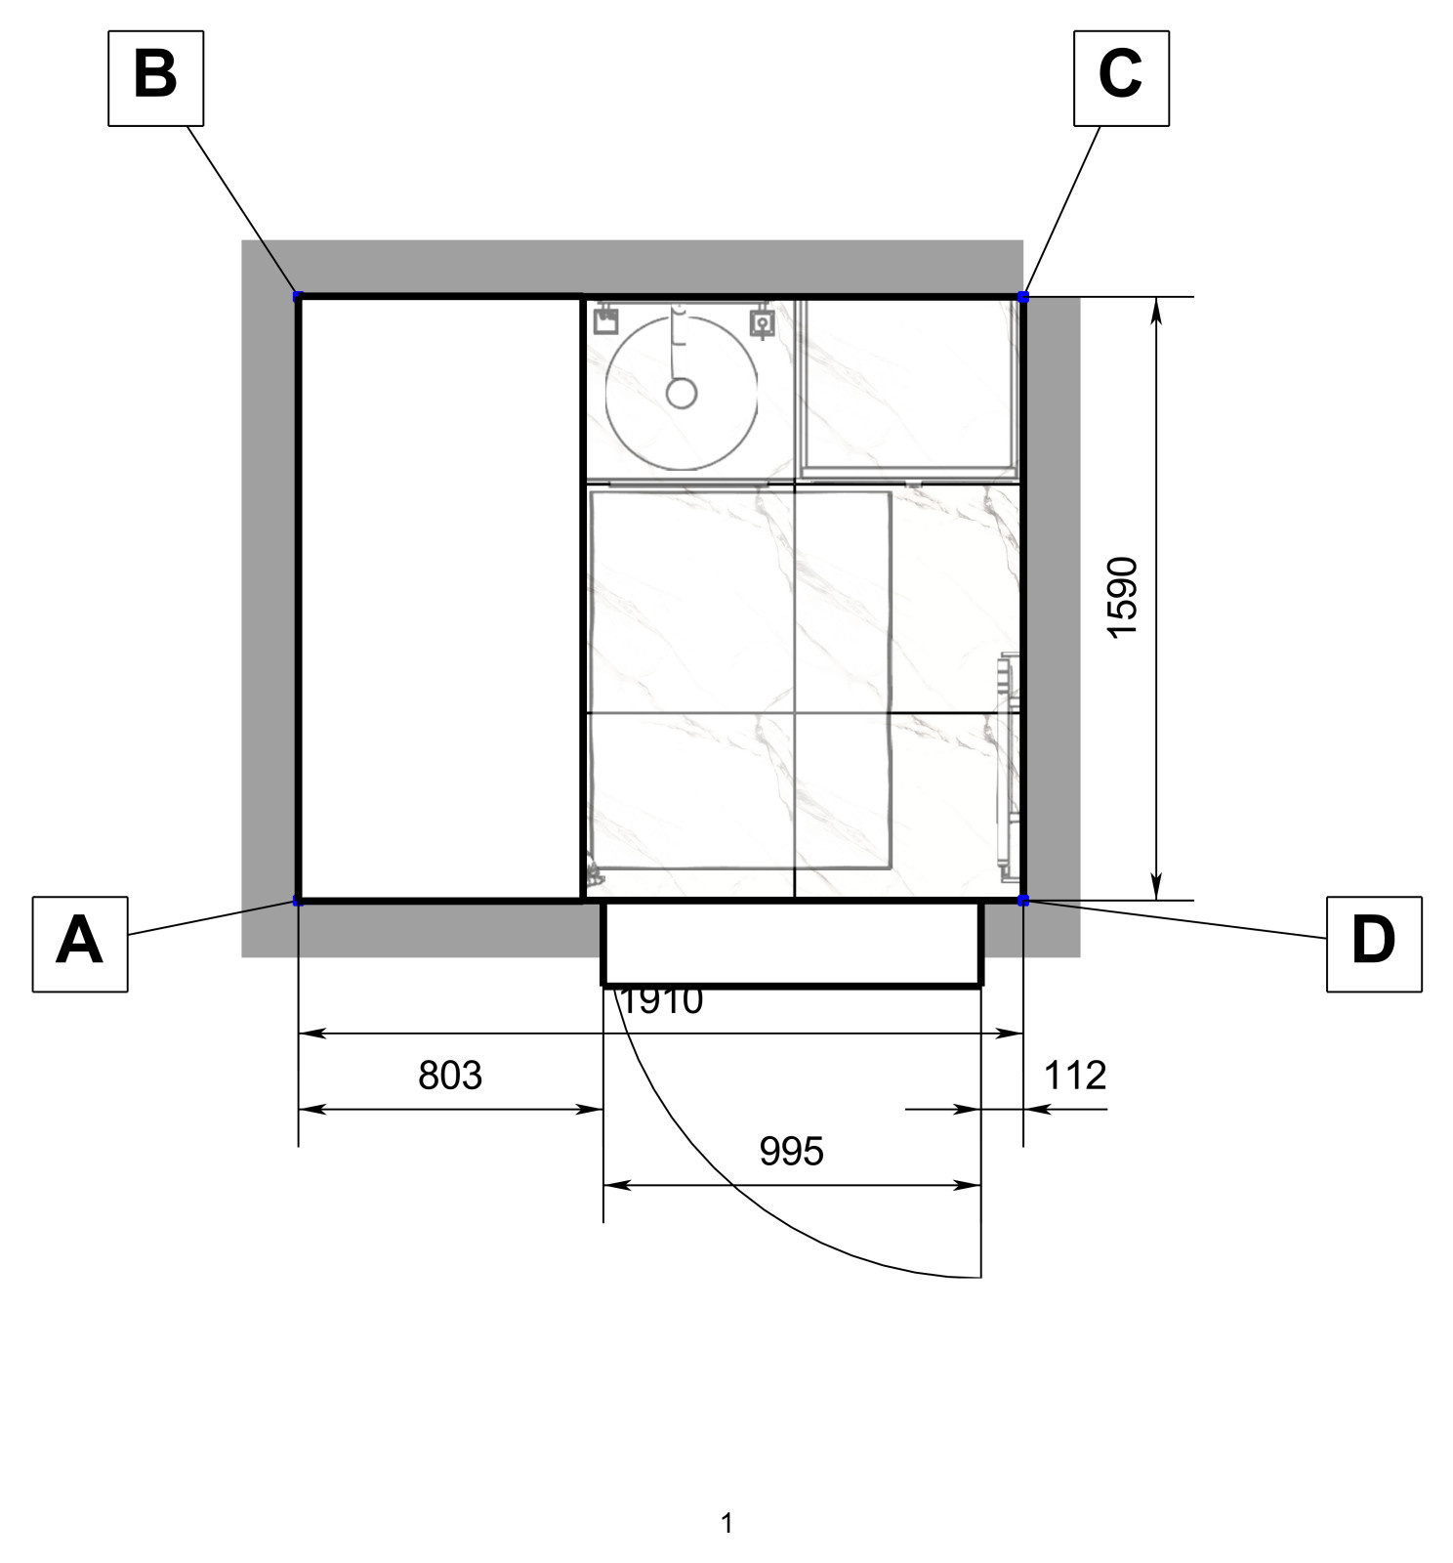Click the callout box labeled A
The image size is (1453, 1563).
(x=80, y=944)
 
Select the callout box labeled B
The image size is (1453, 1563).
(x=155, y=78)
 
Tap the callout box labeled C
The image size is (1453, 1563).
(x=1121, y=78)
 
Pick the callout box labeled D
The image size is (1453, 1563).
(x=1374, y=944)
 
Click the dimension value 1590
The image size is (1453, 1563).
(x=1123, y=597)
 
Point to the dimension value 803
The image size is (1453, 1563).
(x=450, y=1076)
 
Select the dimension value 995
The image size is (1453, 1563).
(x=792, y=1152)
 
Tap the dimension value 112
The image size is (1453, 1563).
(x=1075, y=1076)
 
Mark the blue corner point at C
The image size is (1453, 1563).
(x=1022, y=296)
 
